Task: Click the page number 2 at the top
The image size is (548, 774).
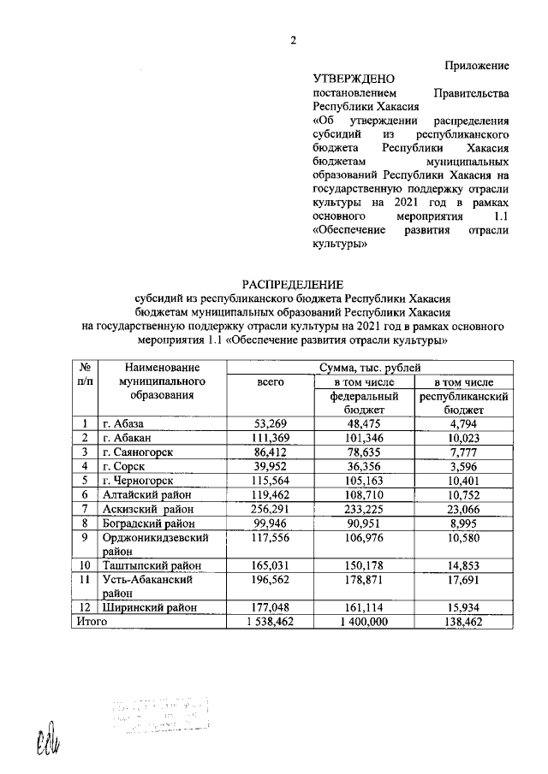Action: [292, 40]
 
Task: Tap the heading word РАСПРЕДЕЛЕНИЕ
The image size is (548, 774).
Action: [291, 284]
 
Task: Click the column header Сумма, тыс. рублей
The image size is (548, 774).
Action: [370, 368]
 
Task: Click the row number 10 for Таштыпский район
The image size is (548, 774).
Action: [85, 565]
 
